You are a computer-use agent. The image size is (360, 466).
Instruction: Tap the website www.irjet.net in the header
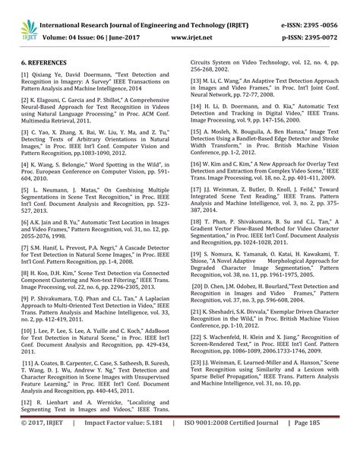191,34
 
